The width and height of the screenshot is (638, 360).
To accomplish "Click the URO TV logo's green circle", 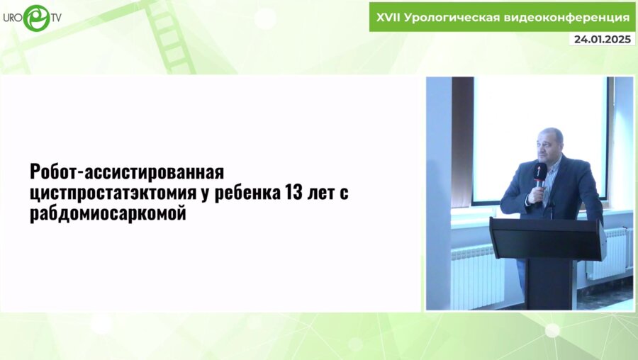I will (35, 18).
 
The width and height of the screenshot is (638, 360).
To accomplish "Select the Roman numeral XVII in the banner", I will (388, 16).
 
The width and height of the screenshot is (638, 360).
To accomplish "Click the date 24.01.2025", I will (602, 39).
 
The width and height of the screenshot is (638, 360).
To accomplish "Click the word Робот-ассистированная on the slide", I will (127, 172).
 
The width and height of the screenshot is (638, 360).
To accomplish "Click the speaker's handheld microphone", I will (539, 178).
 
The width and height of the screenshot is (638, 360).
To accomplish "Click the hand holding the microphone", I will (538, 193).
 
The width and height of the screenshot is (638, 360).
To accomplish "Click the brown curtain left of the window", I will (462, 142).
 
